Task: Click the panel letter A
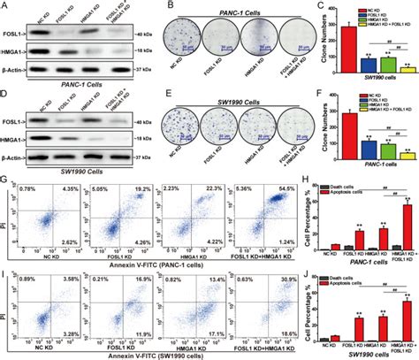(x=5, y=6)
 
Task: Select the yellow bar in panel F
(x=380, y=154)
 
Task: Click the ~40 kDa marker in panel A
(x=135, y=34)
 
